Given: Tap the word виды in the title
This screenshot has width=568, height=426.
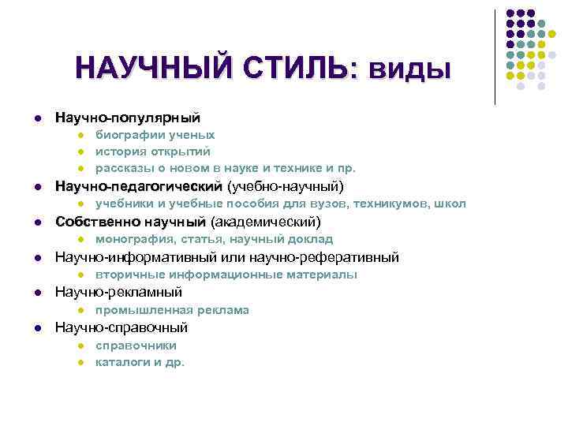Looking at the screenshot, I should click(411, 69).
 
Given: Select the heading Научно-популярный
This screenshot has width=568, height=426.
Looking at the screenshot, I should click(127, 118).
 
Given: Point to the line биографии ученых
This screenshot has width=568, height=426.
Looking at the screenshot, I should click(155, 135).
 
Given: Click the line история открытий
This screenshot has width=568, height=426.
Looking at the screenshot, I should click(153, 151).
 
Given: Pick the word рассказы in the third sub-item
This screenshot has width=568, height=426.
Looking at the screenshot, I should click(121, 168).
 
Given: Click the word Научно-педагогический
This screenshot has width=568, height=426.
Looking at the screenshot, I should click(138, 186).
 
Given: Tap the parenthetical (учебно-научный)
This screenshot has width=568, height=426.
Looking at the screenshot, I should click(286, 186).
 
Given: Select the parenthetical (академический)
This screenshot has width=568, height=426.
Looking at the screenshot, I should click(263, 221).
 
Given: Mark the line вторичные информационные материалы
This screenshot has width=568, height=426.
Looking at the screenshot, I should click(226, 275).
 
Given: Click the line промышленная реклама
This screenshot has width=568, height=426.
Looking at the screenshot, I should click(172, 310).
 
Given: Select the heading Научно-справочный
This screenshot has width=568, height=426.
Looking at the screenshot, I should click(121, 327).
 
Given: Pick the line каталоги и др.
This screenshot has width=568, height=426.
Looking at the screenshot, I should click(140, 363).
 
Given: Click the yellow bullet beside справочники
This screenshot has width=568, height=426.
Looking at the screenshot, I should click(80, 346).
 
